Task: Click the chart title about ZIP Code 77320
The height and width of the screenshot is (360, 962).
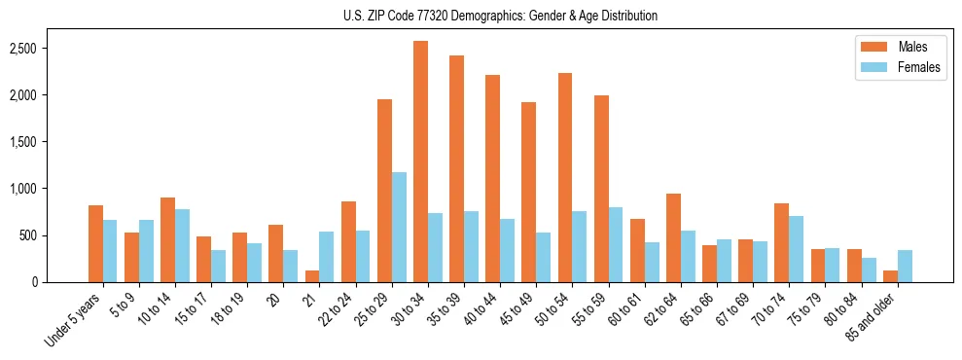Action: pos(500,16)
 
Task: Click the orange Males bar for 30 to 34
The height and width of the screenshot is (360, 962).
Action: pos(420,162)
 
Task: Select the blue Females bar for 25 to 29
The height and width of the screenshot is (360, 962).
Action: pos(399,227)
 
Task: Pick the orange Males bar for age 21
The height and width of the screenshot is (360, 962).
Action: pos(312,276)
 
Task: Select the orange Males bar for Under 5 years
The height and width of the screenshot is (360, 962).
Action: pos(95,243)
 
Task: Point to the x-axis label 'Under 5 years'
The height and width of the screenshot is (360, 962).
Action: pos(73,320)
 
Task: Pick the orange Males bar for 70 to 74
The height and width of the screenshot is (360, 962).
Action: pos(781,242)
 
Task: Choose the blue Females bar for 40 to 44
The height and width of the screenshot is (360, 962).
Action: pos(507,250)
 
